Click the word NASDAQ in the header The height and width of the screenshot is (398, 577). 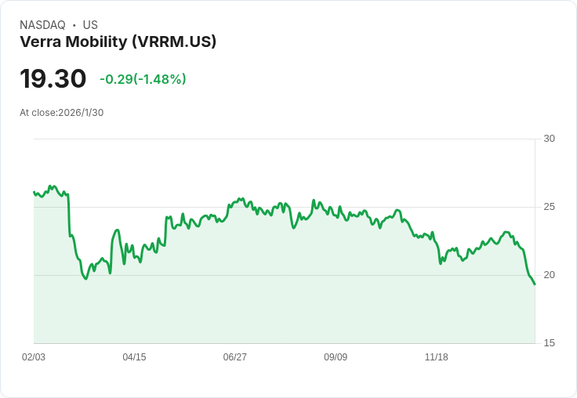pyautogui.click(x=42, y=25)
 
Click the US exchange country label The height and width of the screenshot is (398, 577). pyautogui.click(x=90, y=25)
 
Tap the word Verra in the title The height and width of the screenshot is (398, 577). pyautogui.click(x=38, y=42)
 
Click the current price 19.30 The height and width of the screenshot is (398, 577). pyautogui.click(x=53, y=79)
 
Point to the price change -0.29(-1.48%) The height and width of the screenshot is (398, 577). pyautogui.click(x=143, y=79)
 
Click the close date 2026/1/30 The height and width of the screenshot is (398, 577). pyautogui.click(x=81, y=113)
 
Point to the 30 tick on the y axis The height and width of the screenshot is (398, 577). pyautogui.click(x=549, y=139)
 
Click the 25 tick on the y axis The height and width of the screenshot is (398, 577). pyautogui.click(x=549, y=207)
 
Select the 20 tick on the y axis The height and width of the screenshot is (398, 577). pyautogui.click(x=549, y=275)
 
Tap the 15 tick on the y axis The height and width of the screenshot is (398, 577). pyautogui.click(x=549, y=343)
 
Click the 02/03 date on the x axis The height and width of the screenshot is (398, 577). pyautogui.click(x=34, y=357)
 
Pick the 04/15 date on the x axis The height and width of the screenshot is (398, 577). pyautogui.click(x=134, y=357)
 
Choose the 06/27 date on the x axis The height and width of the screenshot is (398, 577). pyautogui.click(x=234, y=357)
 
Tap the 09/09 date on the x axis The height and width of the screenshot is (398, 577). pyautogui.click(x=336, y=357)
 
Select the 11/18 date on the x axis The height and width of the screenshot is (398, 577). pyautogui.click(x=436, y=357)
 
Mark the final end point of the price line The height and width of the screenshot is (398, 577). pyautogui.click(x=535, y=284)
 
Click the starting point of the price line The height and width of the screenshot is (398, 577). pyautogui.click(x=34, y=192)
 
